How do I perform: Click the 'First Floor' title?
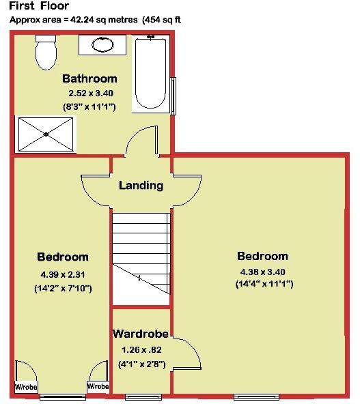[39, 6]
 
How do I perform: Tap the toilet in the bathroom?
[46, 53]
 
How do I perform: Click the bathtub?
[151, 74]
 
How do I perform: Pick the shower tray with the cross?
[45, 134]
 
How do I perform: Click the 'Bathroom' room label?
[89, 78]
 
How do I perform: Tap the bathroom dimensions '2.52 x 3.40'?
[90, 93]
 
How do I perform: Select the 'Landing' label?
[141, 185]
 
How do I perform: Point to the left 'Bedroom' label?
[63, 257]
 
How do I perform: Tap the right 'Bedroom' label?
[262, 256]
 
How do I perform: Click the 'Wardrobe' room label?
[142, 334]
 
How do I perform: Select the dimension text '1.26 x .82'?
[142, 350]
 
